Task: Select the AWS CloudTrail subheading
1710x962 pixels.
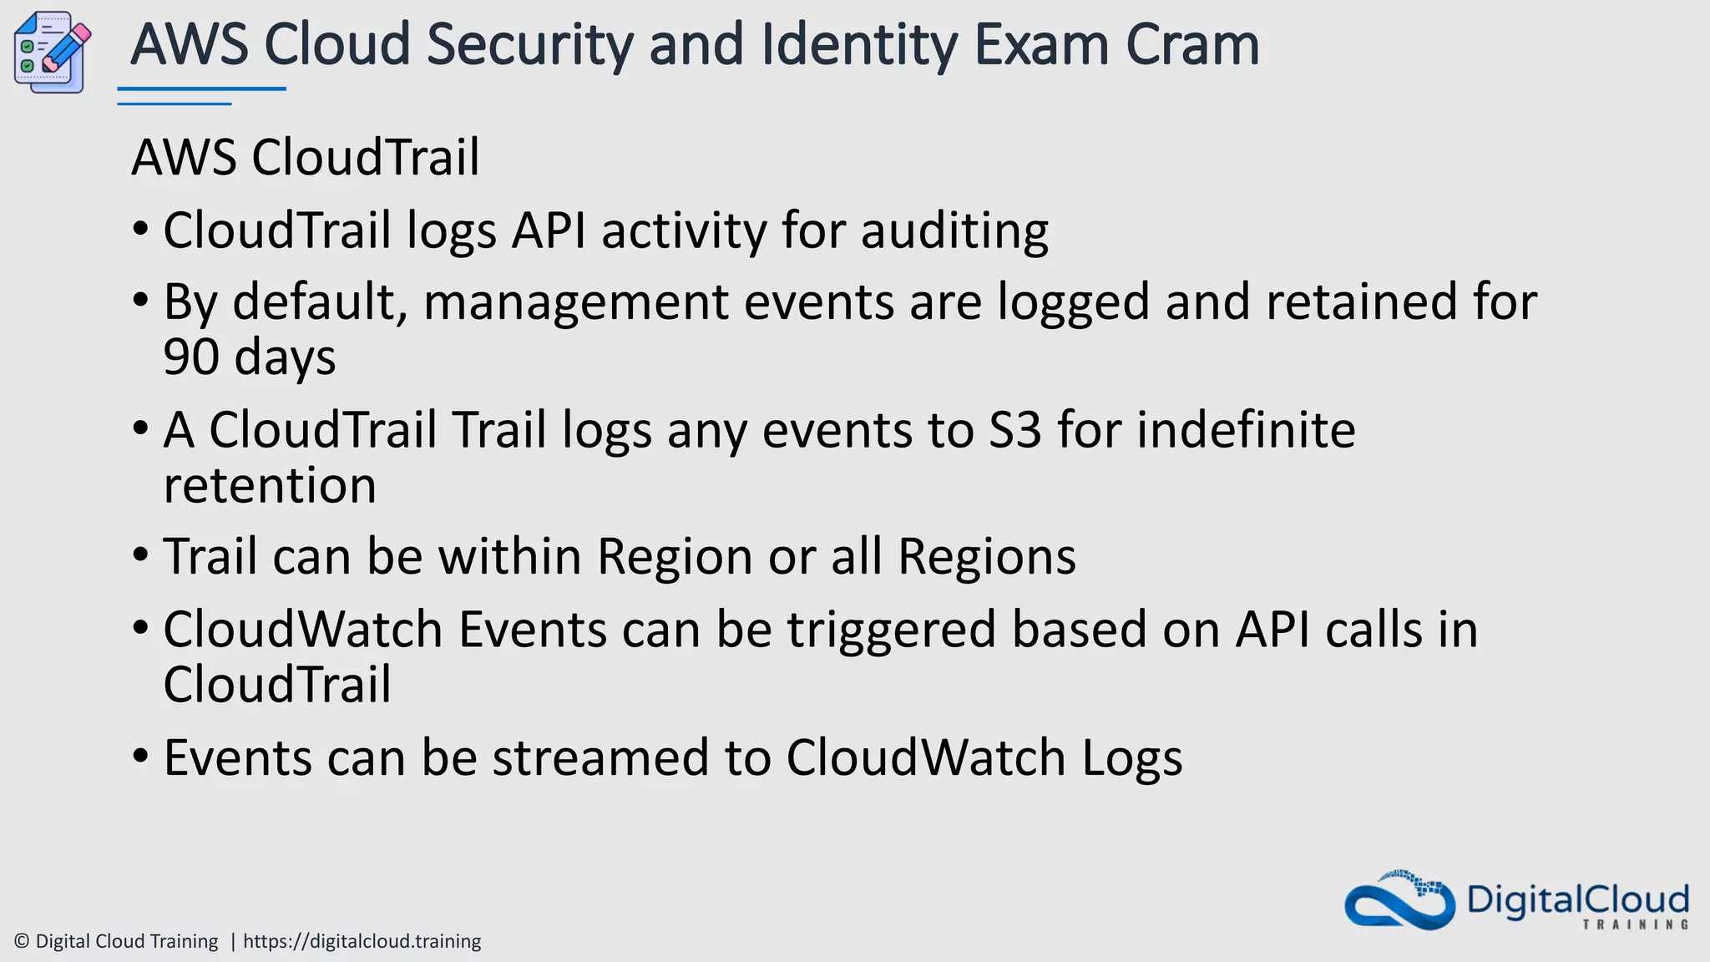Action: (x=306, y=157)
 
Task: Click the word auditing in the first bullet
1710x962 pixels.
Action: (x=954, y=231)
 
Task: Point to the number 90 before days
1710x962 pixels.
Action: (x=191, y=357)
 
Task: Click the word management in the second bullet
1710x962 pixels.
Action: (x=576, y=302)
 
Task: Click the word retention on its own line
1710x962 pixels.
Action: (x=270, y=486)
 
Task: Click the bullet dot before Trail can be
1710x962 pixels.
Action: (x=141, y=555)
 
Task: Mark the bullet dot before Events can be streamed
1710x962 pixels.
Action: (x=141, y=757)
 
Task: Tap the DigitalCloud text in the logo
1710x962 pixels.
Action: (x=1577, y=900)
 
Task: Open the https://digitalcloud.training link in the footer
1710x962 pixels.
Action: (x=362, y=942)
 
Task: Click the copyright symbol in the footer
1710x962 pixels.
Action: (x=23, y=942)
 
